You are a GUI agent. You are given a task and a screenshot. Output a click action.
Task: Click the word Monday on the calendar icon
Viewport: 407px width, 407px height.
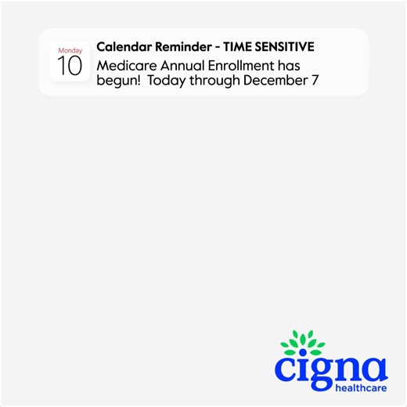pyautogui.click(x=70, y=51)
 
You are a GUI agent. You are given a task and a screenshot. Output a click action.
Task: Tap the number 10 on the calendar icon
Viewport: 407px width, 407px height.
pyautogui.click(x=70, y=66)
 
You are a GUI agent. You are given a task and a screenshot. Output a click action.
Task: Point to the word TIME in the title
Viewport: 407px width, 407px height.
pyautogui.click(x=238, y=47)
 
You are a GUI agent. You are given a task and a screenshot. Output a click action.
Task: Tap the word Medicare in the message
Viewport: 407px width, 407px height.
pyautogui.click(x=124, y=66)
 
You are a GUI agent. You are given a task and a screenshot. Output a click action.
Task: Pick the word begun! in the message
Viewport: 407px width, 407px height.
pyautogui.click(x=118, y=81)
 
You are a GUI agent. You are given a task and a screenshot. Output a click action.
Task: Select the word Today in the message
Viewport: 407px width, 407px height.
pyautogui.click(x=165, y=81)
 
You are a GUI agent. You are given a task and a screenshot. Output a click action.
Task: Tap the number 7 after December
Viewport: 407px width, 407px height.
pyautogui.click(x=315, y=81)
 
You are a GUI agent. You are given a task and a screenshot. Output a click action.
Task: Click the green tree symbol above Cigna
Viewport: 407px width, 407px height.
pyautogui.click(x=302, y=344)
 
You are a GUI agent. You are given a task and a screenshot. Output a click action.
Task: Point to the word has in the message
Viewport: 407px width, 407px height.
pyautogui.click(x=288, y=66)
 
